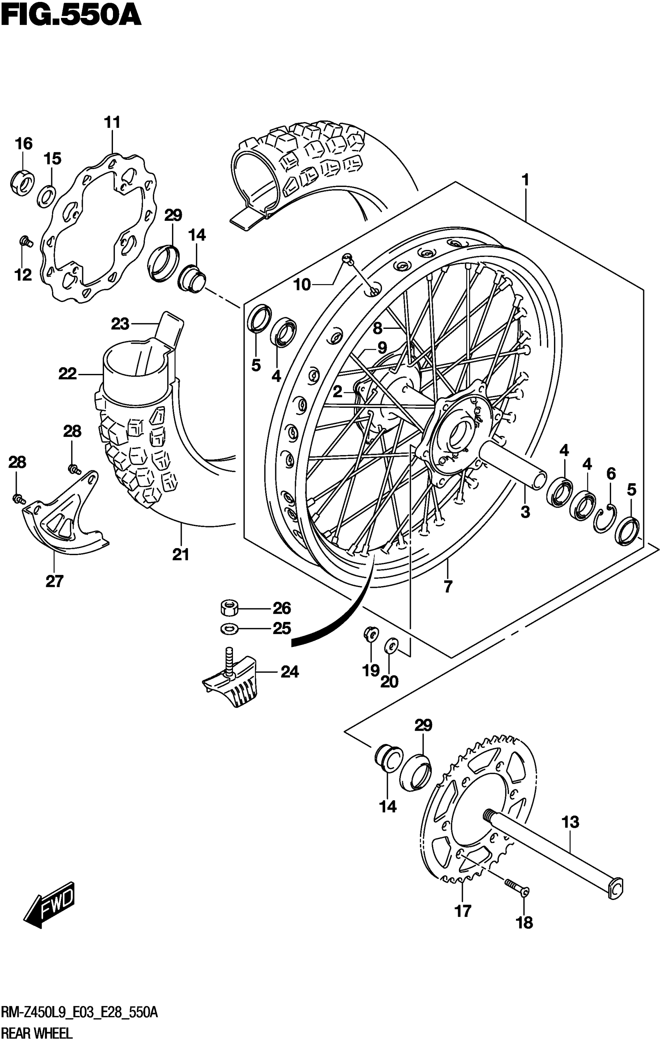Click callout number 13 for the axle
tap(570, 822)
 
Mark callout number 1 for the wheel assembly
tap(526, 180)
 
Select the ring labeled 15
tap(46, 195)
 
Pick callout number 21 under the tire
tap(181, 555)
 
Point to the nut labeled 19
tap(371, 634)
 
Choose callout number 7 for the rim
tap(448, 587)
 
